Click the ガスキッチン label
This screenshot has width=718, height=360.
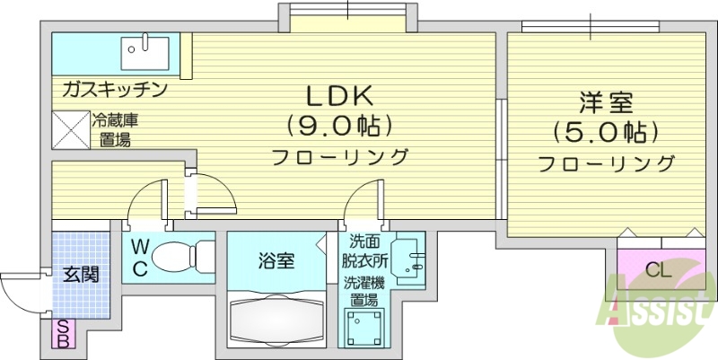pyautogui.click(x=114, y=90)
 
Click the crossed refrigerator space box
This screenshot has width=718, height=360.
pyautogui.click(x=69, y=127)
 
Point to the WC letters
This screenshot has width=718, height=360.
pyautogui.click(x=141, y=258)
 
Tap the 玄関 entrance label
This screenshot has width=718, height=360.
pyautogui.click(x=78, y=274)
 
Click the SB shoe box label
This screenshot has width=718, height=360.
pyautogui.click(x=65, y=333)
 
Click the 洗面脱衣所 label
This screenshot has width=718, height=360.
pyautogui.click(x=364, y=252)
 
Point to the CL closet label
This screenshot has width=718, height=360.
pyautogui.click(x=659, y=268)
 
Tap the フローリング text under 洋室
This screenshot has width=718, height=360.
pyautogui.click(x=607, y=164)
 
